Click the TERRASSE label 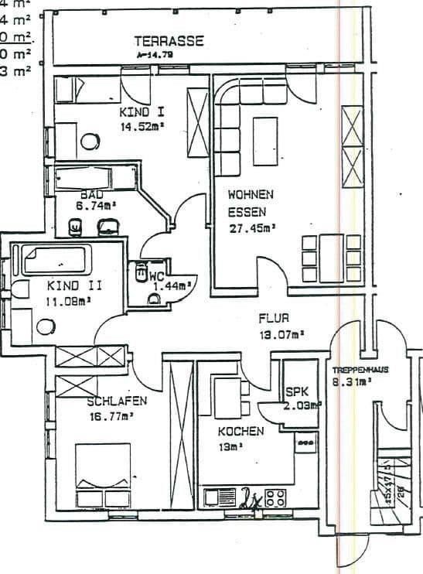(169, 41)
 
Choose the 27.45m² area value (253, 227)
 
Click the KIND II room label (74, 285)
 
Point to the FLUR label (273, 318)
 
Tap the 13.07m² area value (279, 334)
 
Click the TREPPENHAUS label (360, 370)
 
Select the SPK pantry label (297, 391)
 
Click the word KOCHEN (240, 430)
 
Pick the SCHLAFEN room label (116, 401)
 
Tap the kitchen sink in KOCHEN (220, 495)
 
